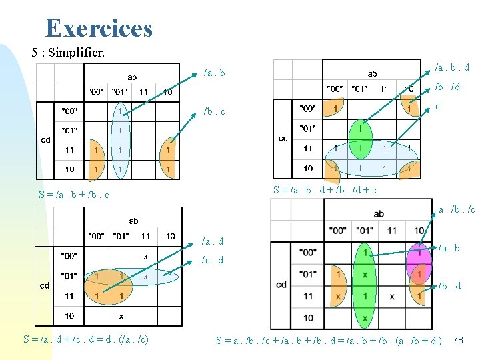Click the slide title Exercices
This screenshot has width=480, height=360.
(99, 28)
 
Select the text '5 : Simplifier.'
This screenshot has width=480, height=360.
(68, 52)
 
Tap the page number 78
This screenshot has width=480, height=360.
(457, 340)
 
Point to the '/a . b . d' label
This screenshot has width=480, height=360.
(452, 67)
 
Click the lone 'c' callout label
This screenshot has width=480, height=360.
(437, 107)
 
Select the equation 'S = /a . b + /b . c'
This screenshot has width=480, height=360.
(73, 195)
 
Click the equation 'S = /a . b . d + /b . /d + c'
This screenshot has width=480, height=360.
(325, 190)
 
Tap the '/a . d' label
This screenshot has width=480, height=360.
(213, 241)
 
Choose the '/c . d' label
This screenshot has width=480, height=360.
(213, 260)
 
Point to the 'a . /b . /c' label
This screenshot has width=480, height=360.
(456, 210)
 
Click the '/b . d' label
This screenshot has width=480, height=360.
(451, 286)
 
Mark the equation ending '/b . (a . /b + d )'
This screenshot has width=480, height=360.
(329, 340)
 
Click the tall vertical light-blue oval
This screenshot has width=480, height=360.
(121, 140)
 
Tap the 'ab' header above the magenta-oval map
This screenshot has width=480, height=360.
(379, 213)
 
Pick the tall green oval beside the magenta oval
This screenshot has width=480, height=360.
(364, 283)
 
